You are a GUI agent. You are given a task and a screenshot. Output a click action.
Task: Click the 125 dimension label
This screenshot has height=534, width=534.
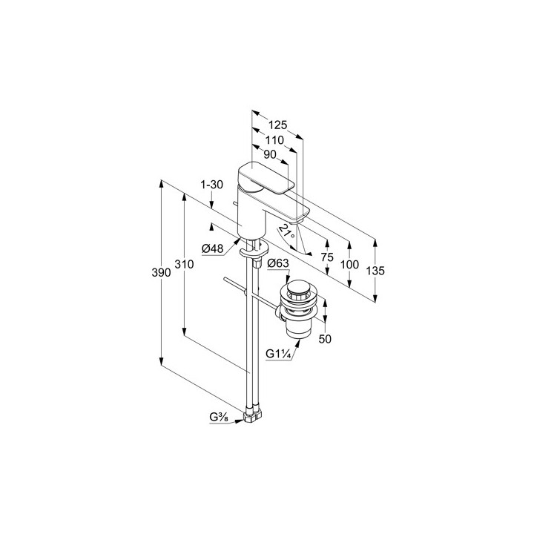[x=277, y=125]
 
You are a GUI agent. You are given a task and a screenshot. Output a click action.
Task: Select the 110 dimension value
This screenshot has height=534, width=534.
[x=274, y=140]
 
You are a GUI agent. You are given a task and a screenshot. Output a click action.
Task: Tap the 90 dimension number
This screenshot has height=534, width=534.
[x=270, y=154]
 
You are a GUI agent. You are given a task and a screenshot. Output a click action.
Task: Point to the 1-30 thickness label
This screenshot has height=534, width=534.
[x=211, y=185]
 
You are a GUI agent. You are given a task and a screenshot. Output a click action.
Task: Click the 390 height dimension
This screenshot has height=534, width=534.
[x=161, y=272]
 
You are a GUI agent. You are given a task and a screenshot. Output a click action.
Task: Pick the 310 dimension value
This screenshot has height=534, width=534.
[x=184, y=264]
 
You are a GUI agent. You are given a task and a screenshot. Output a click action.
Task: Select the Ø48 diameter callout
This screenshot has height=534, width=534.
[x=213, y=249]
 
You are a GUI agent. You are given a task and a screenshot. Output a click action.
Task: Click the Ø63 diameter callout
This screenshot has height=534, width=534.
[x=278, y=263]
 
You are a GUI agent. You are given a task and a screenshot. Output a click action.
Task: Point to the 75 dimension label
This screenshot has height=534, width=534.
[x=327, y=257]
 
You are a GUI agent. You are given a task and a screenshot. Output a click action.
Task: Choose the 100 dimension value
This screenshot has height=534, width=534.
[x=349, y=264]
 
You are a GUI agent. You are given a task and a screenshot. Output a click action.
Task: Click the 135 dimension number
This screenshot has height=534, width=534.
[x=375, y=271]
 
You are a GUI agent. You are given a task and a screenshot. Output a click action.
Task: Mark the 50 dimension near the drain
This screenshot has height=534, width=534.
[x=325, y=339]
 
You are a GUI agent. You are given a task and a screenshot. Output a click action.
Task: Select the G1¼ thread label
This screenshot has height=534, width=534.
[x=278, y=355]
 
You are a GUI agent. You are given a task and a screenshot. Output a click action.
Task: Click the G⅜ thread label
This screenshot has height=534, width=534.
[x=219, y=417]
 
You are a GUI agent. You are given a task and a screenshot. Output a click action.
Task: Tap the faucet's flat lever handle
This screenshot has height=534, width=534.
[x=266, y=179]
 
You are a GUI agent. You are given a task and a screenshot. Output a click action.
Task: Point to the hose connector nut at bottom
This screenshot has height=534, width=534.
[x=253, y=415]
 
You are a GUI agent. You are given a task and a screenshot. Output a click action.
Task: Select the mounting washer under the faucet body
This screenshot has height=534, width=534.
[x=254, y=251]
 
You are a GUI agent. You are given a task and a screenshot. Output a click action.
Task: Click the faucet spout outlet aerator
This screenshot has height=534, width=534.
[x=296, y=222]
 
